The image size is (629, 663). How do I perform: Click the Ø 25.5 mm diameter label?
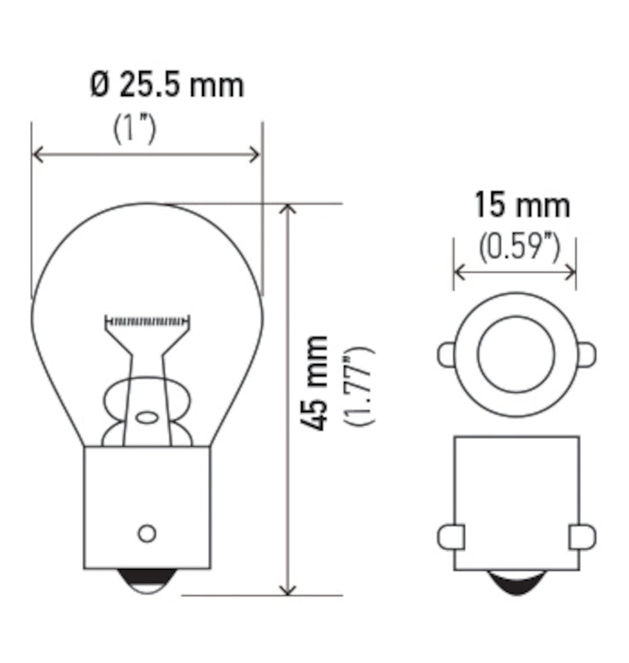pos(167,85)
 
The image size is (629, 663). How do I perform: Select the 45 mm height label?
pos(314,383)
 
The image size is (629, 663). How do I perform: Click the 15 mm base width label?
pos(521,204)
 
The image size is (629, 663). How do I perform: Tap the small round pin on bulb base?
pos(147,532)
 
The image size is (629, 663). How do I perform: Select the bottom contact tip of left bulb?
pos(147,582)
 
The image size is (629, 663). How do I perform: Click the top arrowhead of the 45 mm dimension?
pos(288,210)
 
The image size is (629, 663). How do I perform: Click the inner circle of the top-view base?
pos(515,355)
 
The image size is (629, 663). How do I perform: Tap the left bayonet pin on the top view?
pos(446,355)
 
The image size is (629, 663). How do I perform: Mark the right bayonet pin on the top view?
pos(586,355)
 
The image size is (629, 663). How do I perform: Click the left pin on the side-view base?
pos(449,535)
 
